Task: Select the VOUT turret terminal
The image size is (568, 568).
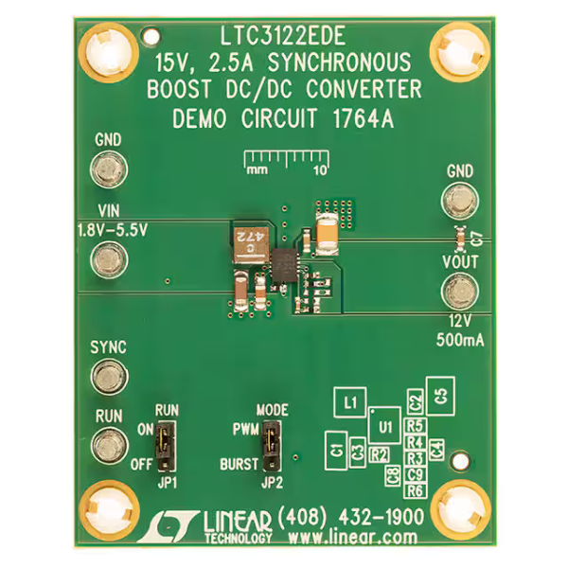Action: [460, 291]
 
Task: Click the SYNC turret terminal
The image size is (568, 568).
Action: [109, 377]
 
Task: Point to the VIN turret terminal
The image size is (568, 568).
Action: [109, 259]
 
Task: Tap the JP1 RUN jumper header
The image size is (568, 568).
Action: [166, 446]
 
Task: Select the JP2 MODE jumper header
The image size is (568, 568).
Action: [272, 446]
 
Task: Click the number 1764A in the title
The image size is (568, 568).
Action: [363, 118]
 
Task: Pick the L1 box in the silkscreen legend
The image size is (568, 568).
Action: [350, 402]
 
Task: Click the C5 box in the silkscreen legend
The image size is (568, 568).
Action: [440, 396]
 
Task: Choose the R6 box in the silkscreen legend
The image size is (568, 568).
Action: [416, 490]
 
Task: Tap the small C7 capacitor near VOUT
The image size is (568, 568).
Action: [460, 239]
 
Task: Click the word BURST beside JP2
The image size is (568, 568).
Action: [240, 464]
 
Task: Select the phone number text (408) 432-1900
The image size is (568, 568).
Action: [350, 517]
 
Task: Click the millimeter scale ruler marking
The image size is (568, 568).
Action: [287, 162]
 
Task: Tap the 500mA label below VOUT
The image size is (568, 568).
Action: [460, 340]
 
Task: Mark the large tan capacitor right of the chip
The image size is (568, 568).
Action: [328, 234]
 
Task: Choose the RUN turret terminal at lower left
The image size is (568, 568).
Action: [109, 445]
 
